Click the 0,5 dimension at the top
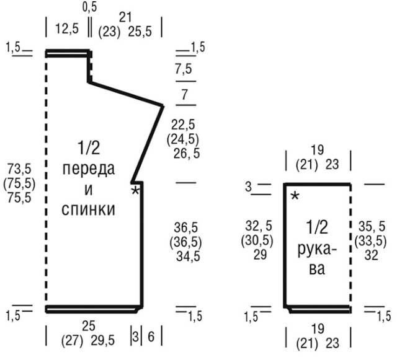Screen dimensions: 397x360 [89, 7]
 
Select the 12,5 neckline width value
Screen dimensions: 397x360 [67, 29]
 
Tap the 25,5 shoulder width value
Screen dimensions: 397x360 [140, 32]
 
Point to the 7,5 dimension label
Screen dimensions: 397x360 [184, 69]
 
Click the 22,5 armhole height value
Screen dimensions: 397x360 [183, 125]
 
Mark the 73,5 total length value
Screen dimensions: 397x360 [19, 169]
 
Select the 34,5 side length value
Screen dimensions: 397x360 [189, 257]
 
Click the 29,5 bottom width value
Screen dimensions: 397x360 [103, 340]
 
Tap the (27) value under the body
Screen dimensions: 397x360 [72, 340]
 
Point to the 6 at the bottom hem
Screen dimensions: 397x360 [151, 336]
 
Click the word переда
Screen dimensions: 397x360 [89, 169]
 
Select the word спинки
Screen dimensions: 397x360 [88, 209]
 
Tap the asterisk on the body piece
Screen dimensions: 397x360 [135, 190]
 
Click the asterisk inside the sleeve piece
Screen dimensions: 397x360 [295, 196]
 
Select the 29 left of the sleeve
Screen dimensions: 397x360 [260, 255]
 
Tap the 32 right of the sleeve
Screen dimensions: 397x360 [371, 255]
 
